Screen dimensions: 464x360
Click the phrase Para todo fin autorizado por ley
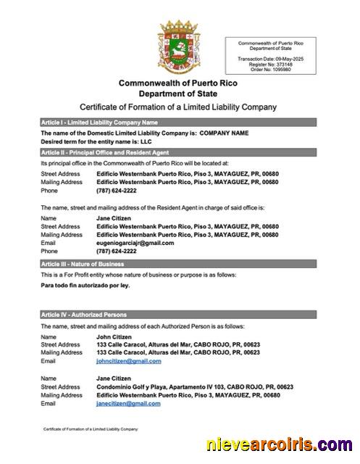click(x=85, y=286)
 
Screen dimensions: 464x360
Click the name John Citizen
click(x=112, y=337)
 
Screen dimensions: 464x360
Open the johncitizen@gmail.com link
click(x=128, y=360)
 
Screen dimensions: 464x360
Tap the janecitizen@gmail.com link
click(x=128, y=403)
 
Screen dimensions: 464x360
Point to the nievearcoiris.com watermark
click(x=280, y=444)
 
